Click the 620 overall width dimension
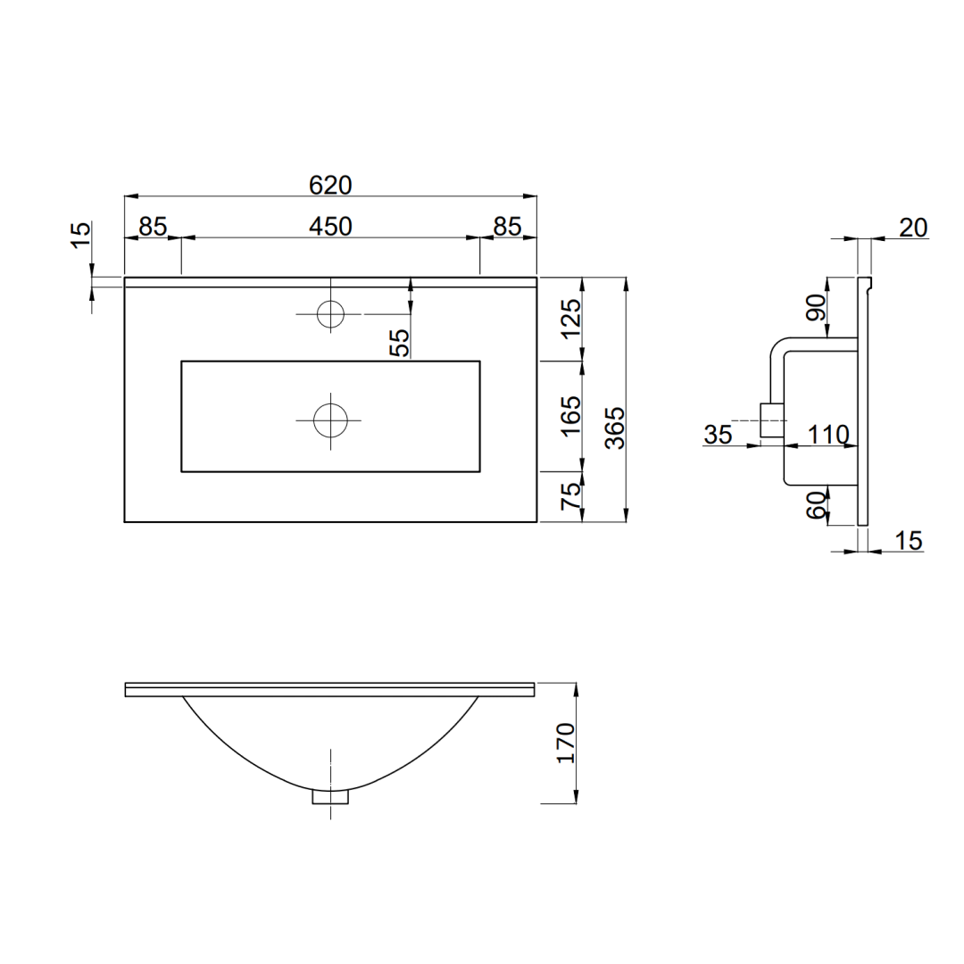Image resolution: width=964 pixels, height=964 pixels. click(330, 185)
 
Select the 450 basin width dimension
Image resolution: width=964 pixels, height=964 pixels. click(330, 227)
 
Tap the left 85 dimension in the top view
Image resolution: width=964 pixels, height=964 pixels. click(153, 227)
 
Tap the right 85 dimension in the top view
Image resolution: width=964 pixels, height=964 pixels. click(507, 227)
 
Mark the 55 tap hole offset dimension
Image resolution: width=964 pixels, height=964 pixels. click(401, 342)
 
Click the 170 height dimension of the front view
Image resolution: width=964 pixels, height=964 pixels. click(565, 743)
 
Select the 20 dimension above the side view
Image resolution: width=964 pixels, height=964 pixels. click(913, 228)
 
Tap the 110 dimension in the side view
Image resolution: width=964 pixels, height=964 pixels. click(827, 435)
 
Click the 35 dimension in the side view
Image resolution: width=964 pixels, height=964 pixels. click(718, 435)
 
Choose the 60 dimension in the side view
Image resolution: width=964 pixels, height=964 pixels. click(816, 506)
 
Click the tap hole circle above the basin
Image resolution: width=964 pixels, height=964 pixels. click(330, 313)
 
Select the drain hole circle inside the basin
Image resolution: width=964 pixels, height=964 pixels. click(330, 420)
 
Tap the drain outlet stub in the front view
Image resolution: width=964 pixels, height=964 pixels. click(330, 796)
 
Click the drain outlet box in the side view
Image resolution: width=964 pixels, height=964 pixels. click(770, 420)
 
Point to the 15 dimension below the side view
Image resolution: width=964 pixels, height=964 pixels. click(908, 540)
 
